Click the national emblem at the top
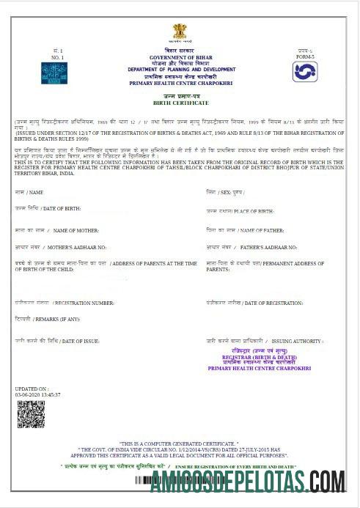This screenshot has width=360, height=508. tap(180, 32)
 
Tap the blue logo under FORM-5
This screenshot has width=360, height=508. tap(304, 72)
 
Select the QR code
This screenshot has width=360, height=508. tap(31, 413)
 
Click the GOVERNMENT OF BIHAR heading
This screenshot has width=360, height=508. tap(180, 57)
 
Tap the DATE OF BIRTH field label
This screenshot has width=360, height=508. tap(57, 209)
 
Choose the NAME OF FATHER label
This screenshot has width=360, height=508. tap(250, 230)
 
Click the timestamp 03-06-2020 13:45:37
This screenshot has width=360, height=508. tap(37, 394)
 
